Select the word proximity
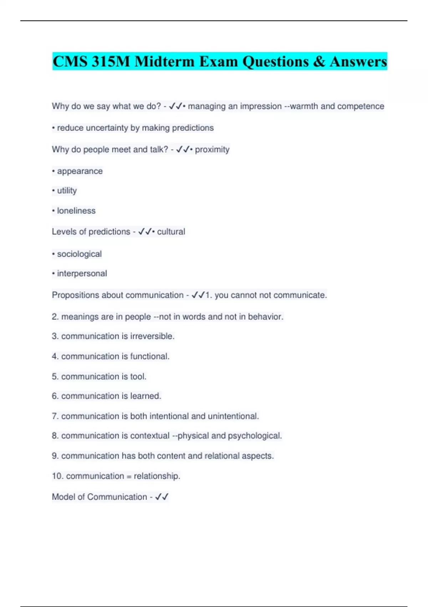point(212,149)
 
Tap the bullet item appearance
point(80,171)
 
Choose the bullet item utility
point(67,191)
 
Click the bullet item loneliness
point(76,211)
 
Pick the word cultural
point(171,231)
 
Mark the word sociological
point(79,254)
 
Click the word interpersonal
point(82,274)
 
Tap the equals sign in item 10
point(129,476)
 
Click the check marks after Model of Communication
point(162,497)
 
